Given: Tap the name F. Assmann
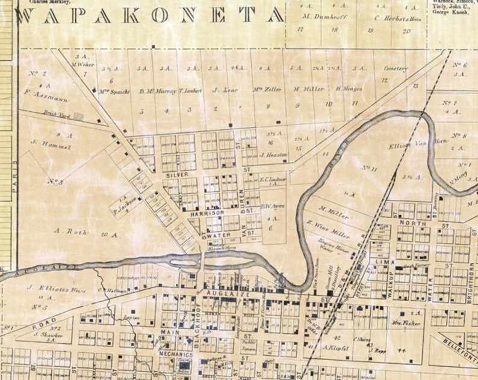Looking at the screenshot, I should point(36,93).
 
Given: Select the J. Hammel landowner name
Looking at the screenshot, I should point(42,146).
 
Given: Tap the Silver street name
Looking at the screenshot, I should point(175,174).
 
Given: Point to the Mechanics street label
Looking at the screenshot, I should point(175,355).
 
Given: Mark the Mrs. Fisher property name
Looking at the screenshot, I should point(410,323).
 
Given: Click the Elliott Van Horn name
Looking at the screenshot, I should point(408,146).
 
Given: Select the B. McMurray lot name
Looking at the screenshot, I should point(157,91).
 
